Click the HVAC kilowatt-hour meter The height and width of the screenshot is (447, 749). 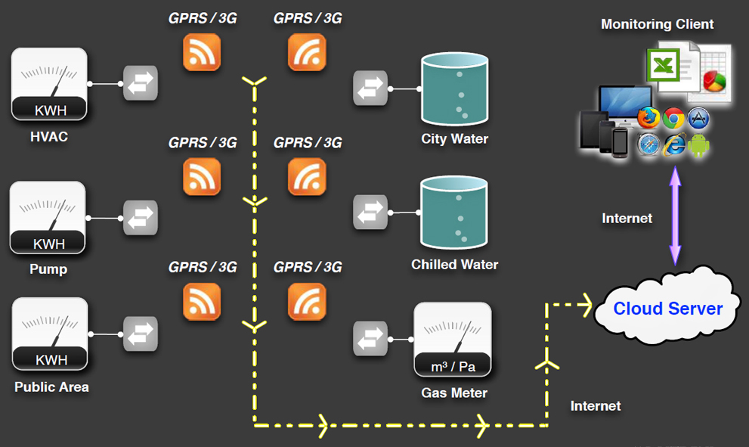pos(49,84)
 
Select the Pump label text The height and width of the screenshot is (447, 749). pos(48,269)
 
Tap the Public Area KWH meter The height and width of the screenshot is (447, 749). pos(50,334)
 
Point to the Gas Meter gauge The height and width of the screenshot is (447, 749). pos(453,340)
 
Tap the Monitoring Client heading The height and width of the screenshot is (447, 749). pos(657,24)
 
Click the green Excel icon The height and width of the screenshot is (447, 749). pos(663,66)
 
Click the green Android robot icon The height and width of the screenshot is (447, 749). pos(699,144)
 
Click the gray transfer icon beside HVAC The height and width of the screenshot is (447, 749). pos(141,84)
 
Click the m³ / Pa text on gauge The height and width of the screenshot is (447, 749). pos(452,367)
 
